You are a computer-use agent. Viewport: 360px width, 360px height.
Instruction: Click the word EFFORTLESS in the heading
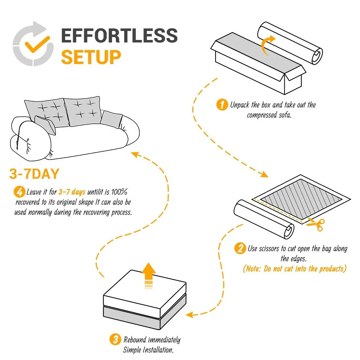click(119, 36)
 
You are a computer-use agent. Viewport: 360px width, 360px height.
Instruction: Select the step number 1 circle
click(222, 105)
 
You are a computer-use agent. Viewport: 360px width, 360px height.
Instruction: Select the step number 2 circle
click(240, 248)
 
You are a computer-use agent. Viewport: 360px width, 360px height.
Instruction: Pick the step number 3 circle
click(115, 339)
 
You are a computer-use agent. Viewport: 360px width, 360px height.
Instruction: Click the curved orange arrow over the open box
click(267, 46)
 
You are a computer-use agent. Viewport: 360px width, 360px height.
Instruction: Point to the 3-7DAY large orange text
click(34, 174)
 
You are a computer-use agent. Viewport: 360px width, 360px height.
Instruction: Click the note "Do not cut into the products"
click(294, 269)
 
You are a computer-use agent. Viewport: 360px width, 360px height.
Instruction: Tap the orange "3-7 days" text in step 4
click(72, 192)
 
